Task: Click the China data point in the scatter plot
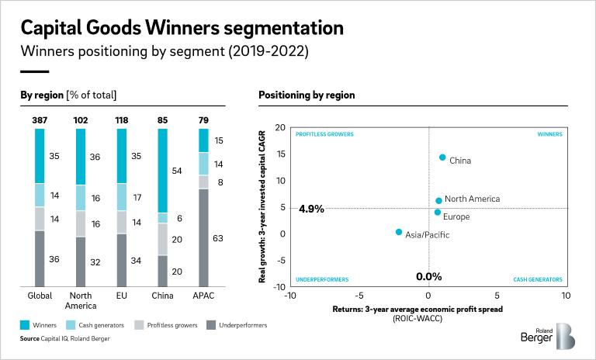[442, 157]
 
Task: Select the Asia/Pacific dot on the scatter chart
[399, 232]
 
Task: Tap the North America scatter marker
[438, 200]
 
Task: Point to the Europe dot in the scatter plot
[438, 212]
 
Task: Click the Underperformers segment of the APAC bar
[204, 237]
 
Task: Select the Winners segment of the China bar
[163, 170]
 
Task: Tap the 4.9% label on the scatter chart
[310, 209]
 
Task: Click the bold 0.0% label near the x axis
[428, 276]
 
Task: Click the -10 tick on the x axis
[290, 296]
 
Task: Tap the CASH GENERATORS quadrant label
[538, 279]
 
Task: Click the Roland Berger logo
[547, 335]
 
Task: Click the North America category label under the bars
[81, 299]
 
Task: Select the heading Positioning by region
[307, 95]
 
